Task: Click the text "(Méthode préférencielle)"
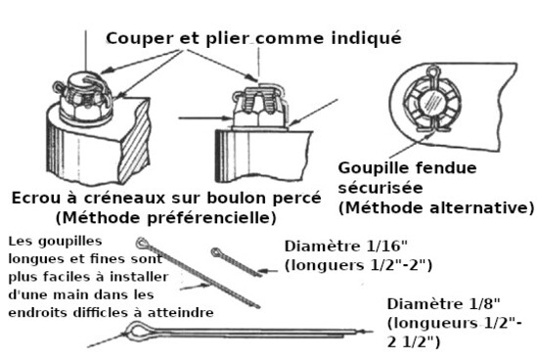click(x=166, y=218)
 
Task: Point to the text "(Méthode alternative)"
click(x=436, y=208)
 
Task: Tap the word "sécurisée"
click(x=381, y=188)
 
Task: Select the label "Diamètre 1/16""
click(x=346, y=247)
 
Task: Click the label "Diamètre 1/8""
click(x=444, y=303)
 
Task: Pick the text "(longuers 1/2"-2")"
click(x=358, y=265)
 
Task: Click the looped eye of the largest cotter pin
click(x=137, y=331)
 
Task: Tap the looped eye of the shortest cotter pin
click(x=216, y=253)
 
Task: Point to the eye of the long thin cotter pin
click(x=142, y=243)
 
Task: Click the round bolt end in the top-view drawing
click(x=432, y=102)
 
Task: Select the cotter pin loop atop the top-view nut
click(x=433, y=72)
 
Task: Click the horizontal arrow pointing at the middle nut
click(x=205, y=118)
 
